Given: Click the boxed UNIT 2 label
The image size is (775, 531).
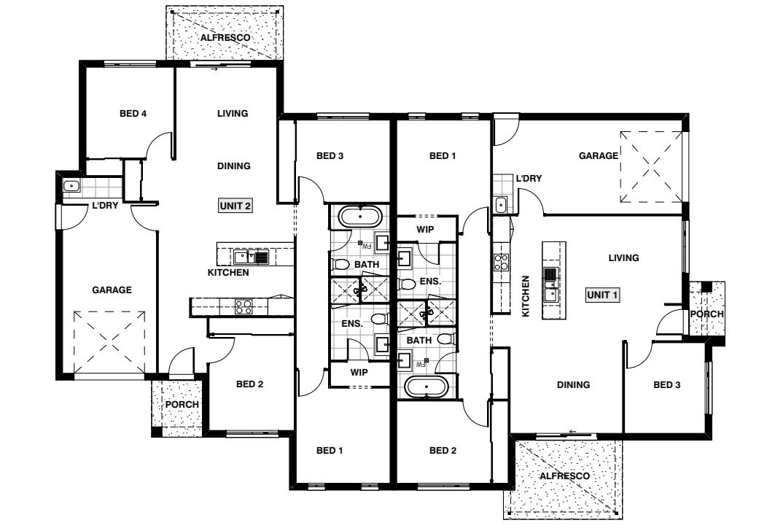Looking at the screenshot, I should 235,206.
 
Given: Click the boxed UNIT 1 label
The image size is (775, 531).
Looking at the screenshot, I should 602,295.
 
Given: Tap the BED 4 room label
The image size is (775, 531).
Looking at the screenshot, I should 133,113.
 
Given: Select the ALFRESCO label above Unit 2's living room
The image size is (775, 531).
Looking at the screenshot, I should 226,36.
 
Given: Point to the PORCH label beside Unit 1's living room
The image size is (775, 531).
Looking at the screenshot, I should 706,314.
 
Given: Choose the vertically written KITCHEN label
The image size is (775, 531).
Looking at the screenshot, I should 525,296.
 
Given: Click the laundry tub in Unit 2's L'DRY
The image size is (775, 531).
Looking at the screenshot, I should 71,186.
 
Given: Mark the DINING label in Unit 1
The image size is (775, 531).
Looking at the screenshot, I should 573,385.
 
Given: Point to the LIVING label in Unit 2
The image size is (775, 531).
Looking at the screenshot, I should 233,113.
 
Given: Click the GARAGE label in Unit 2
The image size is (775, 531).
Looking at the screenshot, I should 112,290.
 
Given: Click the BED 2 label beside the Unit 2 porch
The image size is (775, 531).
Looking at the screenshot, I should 249,384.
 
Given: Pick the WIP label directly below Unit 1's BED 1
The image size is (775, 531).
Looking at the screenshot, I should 426,229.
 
